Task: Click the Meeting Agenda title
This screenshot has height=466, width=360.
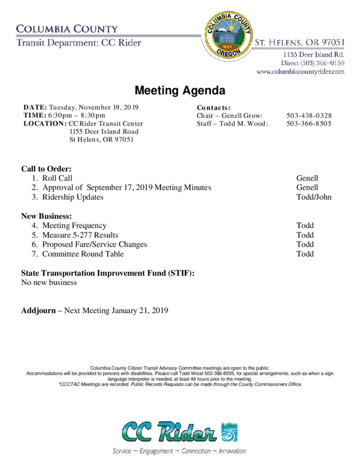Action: (x=180, y=91)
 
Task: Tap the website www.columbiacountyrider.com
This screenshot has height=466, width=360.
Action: (x=300, y=71)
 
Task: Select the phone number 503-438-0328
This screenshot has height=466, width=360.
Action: (x=309, y=116)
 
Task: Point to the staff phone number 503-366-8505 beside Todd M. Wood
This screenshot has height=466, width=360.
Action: (x=309, y=124)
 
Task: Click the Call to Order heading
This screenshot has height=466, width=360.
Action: (x=46, y=169)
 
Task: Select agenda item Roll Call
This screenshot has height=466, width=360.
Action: (x=57, y=178)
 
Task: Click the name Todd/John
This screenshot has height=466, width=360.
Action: (x=314, y=197)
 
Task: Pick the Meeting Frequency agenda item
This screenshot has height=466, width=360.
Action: (x=74, y=226)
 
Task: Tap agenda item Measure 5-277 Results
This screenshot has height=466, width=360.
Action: (x=80, y=235)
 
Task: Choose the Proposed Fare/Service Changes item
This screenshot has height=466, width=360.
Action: (x=95, y=244)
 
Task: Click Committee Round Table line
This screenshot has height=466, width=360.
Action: (x=83, y=254)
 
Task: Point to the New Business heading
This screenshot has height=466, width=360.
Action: (x=46, y=216)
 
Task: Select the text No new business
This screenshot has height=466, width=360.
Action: (x=49, y=283)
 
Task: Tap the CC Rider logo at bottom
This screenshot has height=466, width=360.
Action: (x=179, y=432)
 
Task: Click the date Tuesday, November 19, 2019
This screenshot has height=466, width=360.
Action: (x=93, y=107)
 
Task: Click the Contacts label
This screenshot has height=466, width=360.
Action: (x=213, y=108)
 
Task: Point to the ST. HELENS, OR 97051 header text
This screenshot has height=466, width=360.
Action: (x=299, y=43)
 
